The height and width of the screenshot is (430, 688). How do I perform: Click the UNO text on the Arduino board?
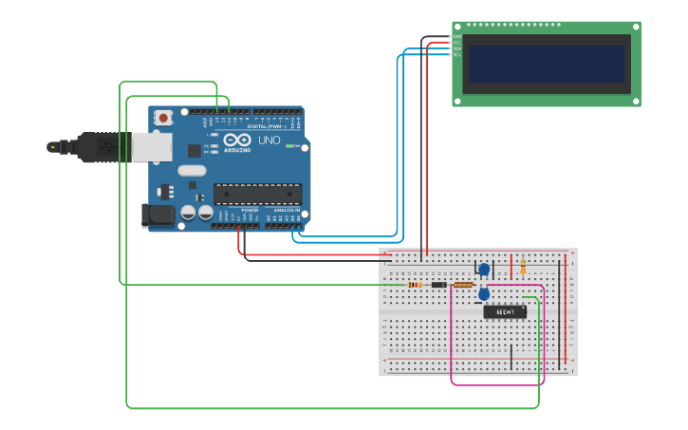[270, 140]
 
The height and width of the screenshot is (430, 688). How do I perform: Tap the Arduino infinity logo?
[232, 140]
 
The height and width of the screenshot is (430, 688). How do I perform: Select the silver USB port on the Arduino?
[151, 146]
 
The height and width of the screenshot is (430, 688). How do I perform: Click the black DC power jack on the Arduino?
[157, 215]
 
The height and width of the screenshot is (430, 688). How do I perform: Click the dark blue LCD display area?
[547, 64]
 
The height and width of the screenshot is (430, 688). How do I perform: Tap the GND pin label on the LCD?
[457, 36]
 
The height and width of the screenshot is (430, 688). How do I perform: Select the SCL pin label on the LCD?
[457, 54]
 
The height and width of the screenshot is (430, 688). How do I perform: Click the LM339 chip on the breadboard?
[505, 311]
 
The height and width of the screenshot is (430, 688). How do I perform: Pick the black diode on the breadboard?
[438, 285]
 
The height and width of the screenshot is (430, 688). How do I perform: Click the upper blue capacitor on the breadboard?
[484, 270]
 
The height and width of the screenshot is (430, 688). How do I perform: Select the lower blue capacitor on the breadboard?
[484, 294]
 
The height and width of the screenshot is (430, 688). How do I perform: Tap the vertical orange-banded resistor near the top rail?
[523, 266]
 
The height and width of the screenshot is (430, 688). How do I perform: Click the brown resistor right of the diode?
[463, 285]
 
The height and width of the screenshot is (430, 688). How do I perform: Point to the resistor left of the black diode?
[415, 285]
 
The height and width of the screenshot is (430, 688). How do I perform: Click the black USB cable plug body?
[90, 146]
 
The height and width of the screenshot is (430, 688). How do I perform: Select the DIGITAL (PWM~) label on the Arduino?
[265, 126]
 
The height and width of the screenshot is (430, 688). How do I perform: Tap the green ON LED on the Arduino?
[290, 146]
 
